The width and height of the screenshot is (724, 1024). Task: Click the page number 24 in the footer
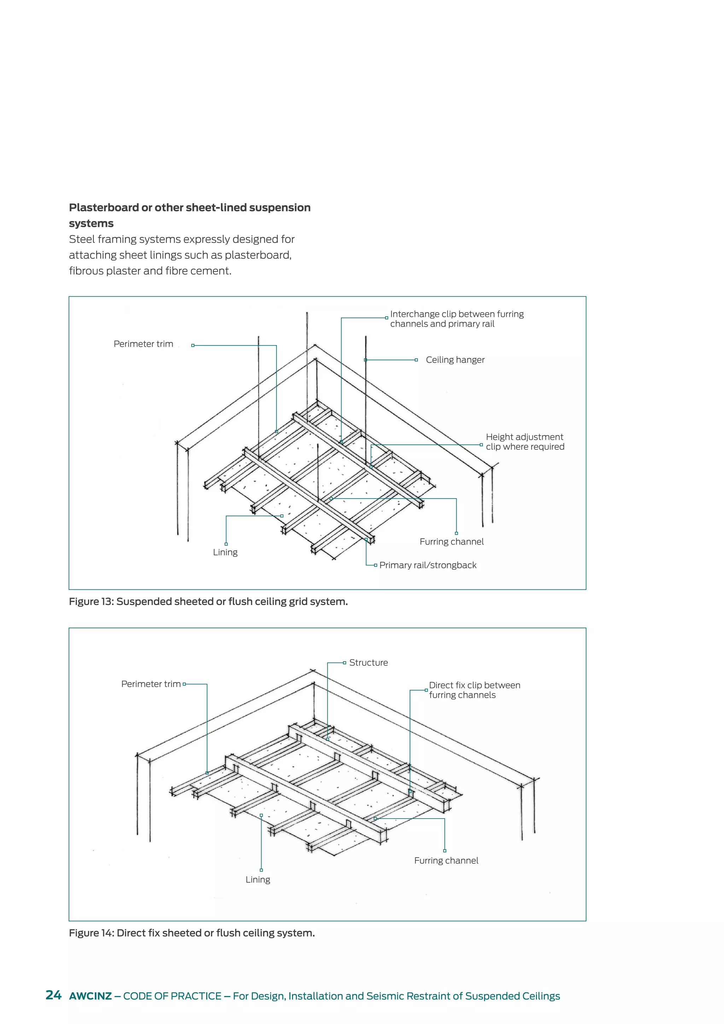tap(53, 995)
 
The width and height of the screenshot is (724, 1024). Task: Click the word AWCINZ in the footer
tap(90, 996)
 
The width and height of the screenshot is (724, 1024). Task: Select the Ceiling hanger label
tap(455, 360)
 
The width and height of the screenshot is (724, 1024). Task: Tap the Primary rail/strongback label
tap(427, 565)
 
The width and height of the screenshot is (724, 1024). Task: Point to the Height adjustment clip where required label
tap(525, 442)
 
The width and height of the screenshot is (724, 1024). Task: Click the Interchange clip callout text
tap(456, 319)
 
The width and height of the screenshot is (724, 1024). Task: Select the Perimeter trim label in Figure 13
tap(143, 344)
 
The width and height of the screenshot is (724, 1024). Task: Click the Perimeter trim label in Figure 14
tap(151, 684)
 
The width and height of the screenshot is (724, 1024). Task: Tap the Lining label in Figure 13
tap(225, 552)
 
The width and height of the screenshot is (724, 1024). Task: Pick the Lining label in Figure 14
tap(258, 879)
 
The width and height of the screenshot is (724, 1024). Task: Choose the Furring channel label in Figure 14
tap(446, 861)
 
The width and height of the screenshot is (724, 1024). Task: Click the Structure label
tap(368, 663)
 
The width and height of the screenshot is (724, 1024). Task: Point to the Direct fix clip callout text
tap(474, 690)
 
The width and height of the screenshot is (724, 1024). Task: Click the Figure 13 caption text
tap(208, 602)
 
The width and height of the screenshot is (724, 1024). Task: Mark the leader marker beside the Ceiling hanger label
tap(416, 360)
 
